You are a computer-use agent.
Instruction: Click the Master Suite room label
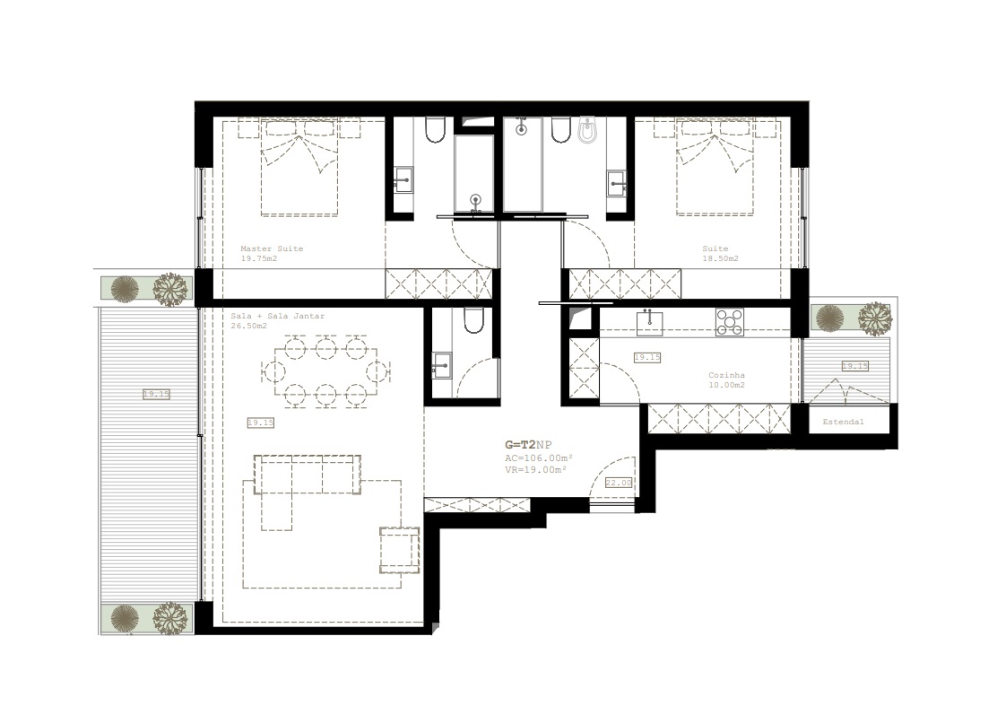[x=272, y=248]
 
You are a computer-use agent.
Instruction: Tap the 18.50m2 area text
[x=721, y=259]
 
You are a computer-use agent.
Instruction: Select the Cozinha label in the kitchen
[x=726, y=375]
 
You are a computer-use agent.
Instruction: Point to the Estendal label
[x=843, y=422]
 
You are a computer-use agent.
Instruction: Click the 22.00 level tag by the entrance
[x=619, y=483]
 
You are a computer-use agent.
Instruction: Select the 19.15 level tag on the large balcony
[x=156, y=395]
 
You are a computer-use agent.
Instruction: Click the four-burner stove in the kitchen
[x=729, y=321]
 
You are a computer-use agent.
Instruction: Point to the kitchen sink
[x=649, y=322]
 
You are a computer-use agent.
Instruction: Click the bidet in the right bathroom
[x=586, y=130]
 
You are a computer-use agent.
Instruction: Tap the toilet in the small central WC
[x=473, y=321]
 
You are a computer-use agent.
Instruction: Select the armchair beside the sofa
[x=399, y=550]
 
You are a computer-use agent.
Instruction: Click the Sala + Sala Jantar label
[x=277, y=316]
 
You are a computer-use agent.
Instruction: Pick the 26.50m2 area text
[x=248, y=326]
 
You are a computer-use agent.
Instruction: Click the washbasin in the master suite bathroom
[x=403, y=180]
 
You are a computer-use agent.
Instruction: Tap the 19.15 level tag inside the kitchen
[x=647, y=357]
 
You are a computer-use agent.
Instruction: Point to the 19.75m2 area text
[x=259, y=259]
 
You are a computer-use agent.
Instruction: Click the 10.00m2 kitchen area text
[x=726, y=385]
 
